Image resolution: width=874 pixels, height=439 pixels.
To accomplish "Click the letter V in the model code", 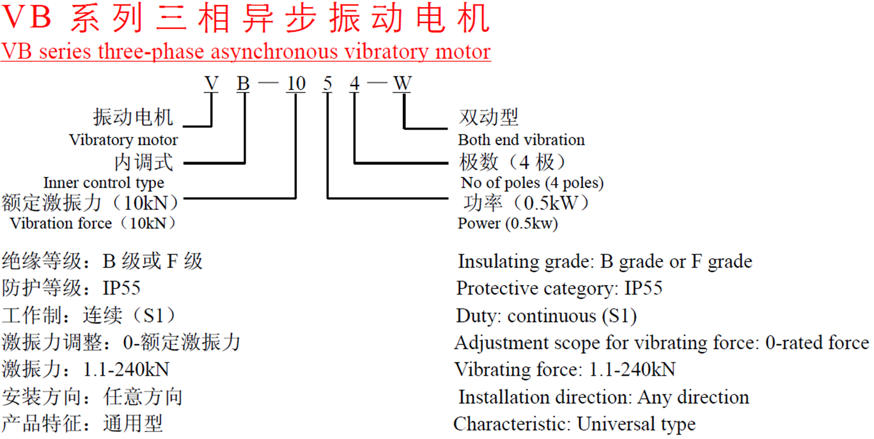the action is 212,84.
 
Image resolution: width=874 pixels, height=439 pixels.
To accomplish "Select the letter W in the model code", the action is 402,84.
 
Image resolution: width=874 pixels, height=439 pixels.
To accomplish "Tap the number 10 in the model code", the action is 296,84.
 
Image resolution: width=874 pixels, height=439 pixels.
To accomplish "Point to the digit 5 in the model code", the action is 327,84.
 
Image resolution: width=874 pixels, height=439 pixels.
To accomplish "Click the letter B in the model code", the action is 243,84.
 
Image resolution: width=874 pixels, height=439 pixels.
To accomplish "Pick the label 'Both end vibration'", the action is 521,140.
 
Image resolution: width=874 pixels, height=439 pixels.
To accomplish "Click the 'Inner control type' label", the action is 104,183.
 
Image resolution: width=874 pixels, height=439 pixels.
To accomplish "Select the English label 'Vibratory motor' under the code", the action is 123,140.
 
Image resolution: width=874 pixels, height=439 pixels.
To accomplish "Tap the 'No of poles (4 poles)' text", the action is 532,183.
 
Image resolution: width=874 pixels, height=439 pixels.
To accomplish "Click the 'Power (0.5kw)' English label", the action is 508,224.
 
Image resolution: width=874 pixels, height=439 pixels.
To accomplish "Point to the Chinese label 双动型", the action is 488,117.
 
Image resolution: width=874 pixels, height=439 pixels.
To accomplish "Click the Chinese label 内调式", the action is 144,162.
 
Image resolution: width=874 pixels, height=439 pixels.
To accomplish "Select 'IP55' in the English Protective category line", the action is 643,288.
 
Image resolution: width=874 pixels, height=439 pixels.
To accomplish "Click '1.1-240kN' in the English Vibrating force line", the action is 632,369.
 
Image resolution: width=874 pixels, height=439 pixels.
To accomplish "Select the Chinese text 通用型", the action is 132,424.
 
